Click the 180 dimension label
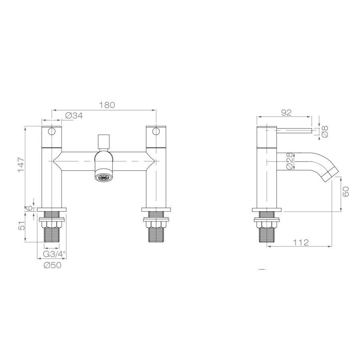coord(107,105)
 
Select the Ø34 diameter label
coord(74,116)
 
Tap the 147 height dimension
coord(21,165)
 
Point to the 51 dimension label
coord(21,226)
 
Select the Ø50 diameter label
coord(52,265)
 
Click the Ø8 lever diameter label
coord(324,132)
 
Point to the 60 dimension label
coord(346,192)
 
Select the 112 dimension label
coord(300,242)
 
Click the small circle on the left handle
coord(52,132)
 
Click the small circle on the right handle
coord(156,132)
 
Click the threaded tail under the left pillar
coord(52,234)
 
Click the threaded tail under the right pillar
coord(156,234)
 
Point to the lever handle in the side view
coord(294,130)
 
